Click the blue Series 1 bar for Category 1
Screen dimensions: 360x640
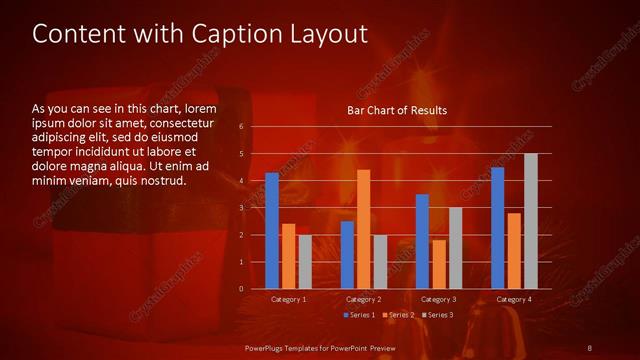[272, 231]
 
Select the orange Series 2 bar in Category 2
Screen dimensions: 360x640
[363, 229]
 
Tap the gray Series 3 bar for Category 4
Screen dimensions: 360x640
[530, 221]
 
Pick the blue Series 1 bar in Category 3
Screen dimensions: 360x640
[422, 241]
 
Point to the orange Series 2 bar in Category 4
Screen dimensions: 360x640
[514, 251]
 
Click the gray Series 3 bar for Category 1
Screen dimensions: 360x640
[305, 262]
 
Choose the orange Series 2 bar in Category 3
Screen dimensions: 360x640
[438, 264]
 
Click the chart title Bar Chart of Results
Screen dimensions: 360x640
[397, 110]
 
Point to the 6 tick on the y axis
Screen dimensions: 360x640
[242, 127]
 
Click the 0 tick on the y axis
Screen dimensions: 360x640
[242, 289]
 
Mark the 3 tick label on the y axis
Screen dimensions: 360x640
[242, 208]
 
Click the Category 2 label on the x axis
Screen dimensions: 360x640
[363, 300]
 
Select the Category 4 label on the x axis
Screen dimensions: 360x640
[514, 300]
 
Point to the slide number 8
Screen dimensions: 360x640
[590, 347]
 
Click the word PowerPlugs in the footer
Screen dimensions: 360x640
[269, 347]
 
